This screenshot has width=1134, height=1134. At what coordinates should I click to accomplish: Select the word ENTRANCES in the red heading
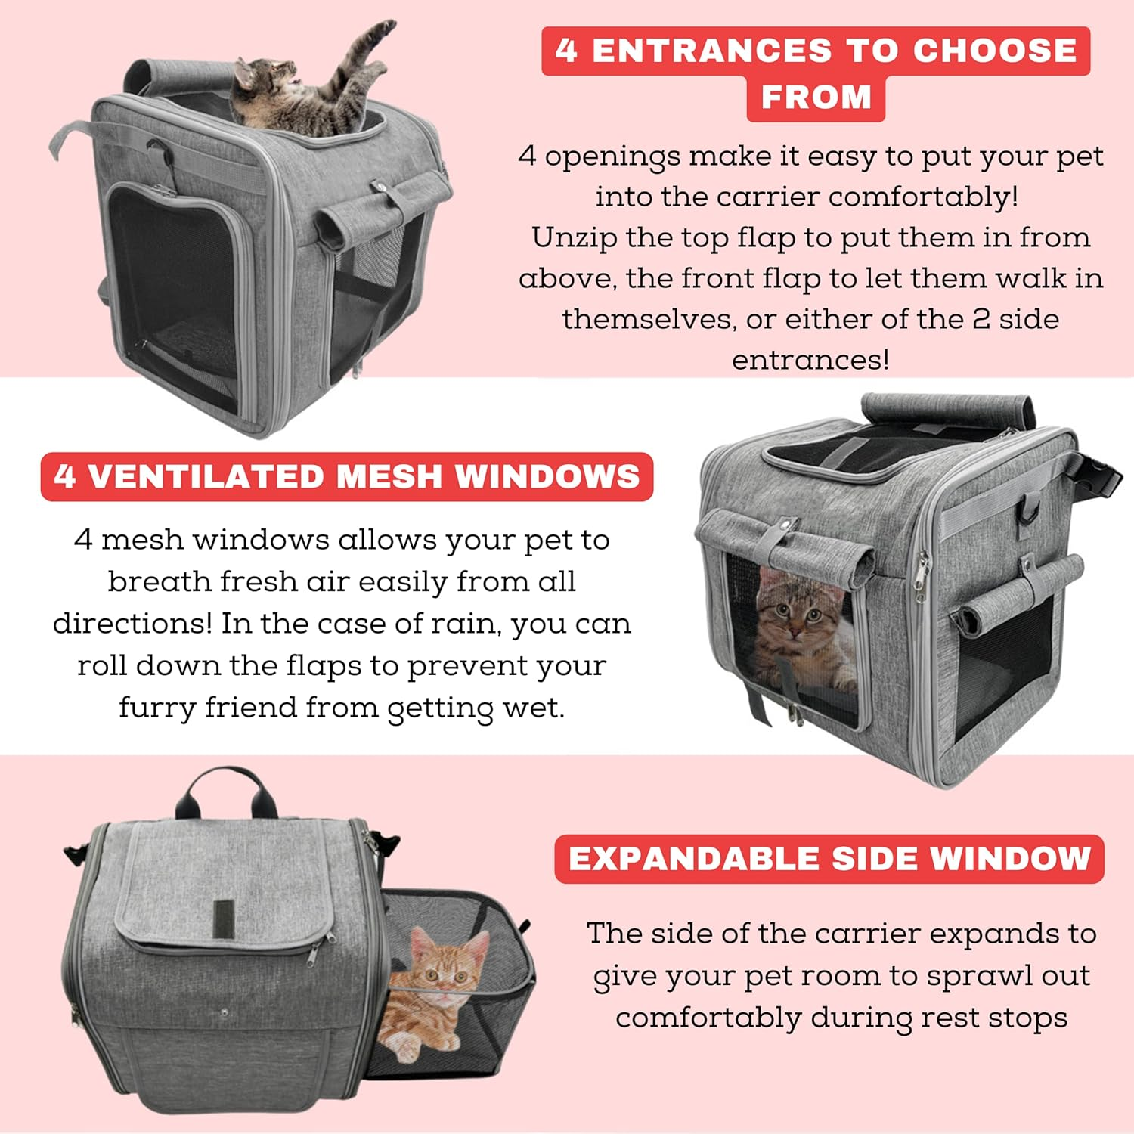click(x=711, y=51)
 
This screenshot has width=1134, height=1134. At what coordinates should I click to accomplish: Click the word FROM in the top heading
click(x=816, y=98)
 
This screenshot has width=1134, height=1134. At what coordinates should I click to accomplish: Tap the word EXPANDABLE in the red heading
click(x=693, y=860)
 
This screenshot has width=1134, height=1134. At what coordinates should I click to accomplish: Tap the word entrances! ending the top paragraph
click(x=810, y=360)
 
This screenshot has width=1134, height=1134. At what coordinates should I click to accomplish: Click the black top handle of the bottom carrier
click(x=221, y=786)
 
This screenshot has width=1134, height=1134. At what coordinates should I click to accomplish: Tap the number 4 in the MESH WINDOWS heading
click(x=65, y=477)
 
